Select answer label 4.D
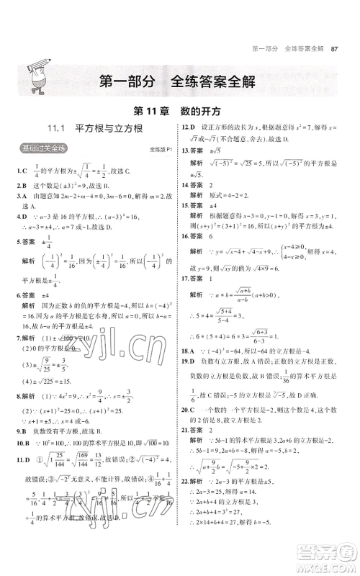tap(21, 215)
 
